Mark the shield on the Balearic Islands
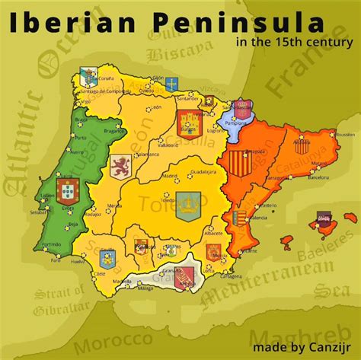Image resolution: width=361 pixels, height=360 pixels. pos(314,222)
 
